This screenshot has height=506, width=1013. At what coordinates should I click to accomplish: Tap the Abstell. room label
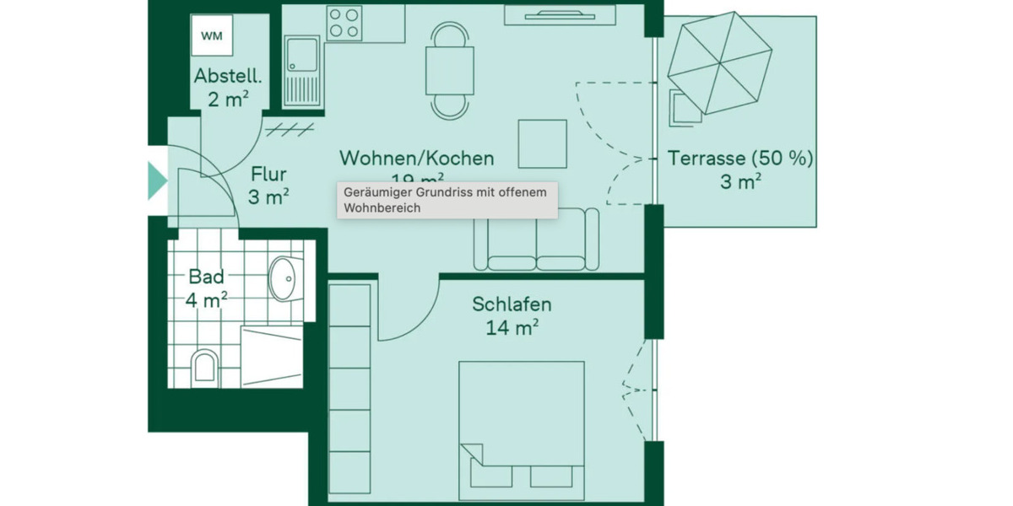(228, 76)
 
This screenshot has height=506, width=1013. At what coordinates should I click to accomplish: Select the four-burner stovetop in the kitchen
(344, 23)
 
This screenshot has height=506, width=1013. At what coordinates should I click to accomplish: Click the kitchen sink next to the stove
(301, 71)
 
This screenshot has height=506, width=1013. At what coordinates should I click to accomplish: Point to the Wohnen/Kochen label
(416, 158)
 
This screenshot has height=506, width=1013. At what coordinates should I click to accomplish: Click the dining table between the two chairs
(449, 71)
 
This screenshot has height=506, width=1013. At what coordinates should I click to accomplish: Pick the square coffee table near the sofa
(542, 143)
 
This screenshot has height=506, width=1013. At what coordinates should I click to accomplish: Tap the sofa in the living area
(536, 240)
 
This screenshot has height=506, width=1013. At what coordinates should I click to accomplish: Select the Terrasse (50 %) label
(740, 158)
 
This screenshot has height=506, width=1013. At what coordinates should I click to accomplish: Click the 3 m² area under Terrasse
(741, 181)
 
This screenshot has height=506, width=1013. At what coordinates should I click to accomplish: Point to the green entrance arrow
(157, 181)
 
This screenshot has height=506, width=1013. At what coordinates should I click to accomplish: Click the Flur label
(268, 175)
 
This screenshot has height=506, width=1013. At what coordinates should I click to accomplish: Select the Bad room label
(206, 277)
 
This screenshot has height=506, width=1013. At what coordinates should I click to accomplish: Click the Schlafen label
(512, 304)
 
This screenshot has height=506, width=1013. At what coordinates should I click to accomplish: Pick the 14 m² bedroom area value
(512, 328)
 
